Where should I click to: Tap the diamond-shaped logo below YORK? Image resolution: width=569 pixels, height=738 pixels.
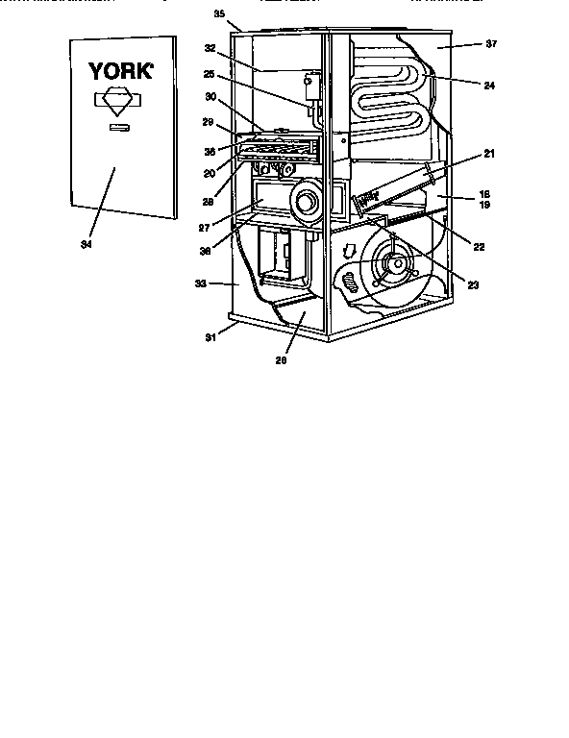tap(114, 102)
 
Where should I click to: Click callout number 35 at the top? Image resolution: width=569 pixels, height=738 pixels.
tap(218, 15)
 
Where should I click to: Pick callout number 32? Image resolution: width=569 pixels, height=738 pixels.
tap(210, 46)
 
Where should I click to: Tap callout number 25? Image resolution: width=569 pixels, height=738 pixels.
tap(210, 75)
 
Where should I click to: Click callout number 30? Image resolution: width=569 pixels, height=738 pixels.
tap(210, 97)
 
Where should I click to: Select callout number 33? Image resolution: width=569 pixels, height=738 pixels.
tap(199, 283)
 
